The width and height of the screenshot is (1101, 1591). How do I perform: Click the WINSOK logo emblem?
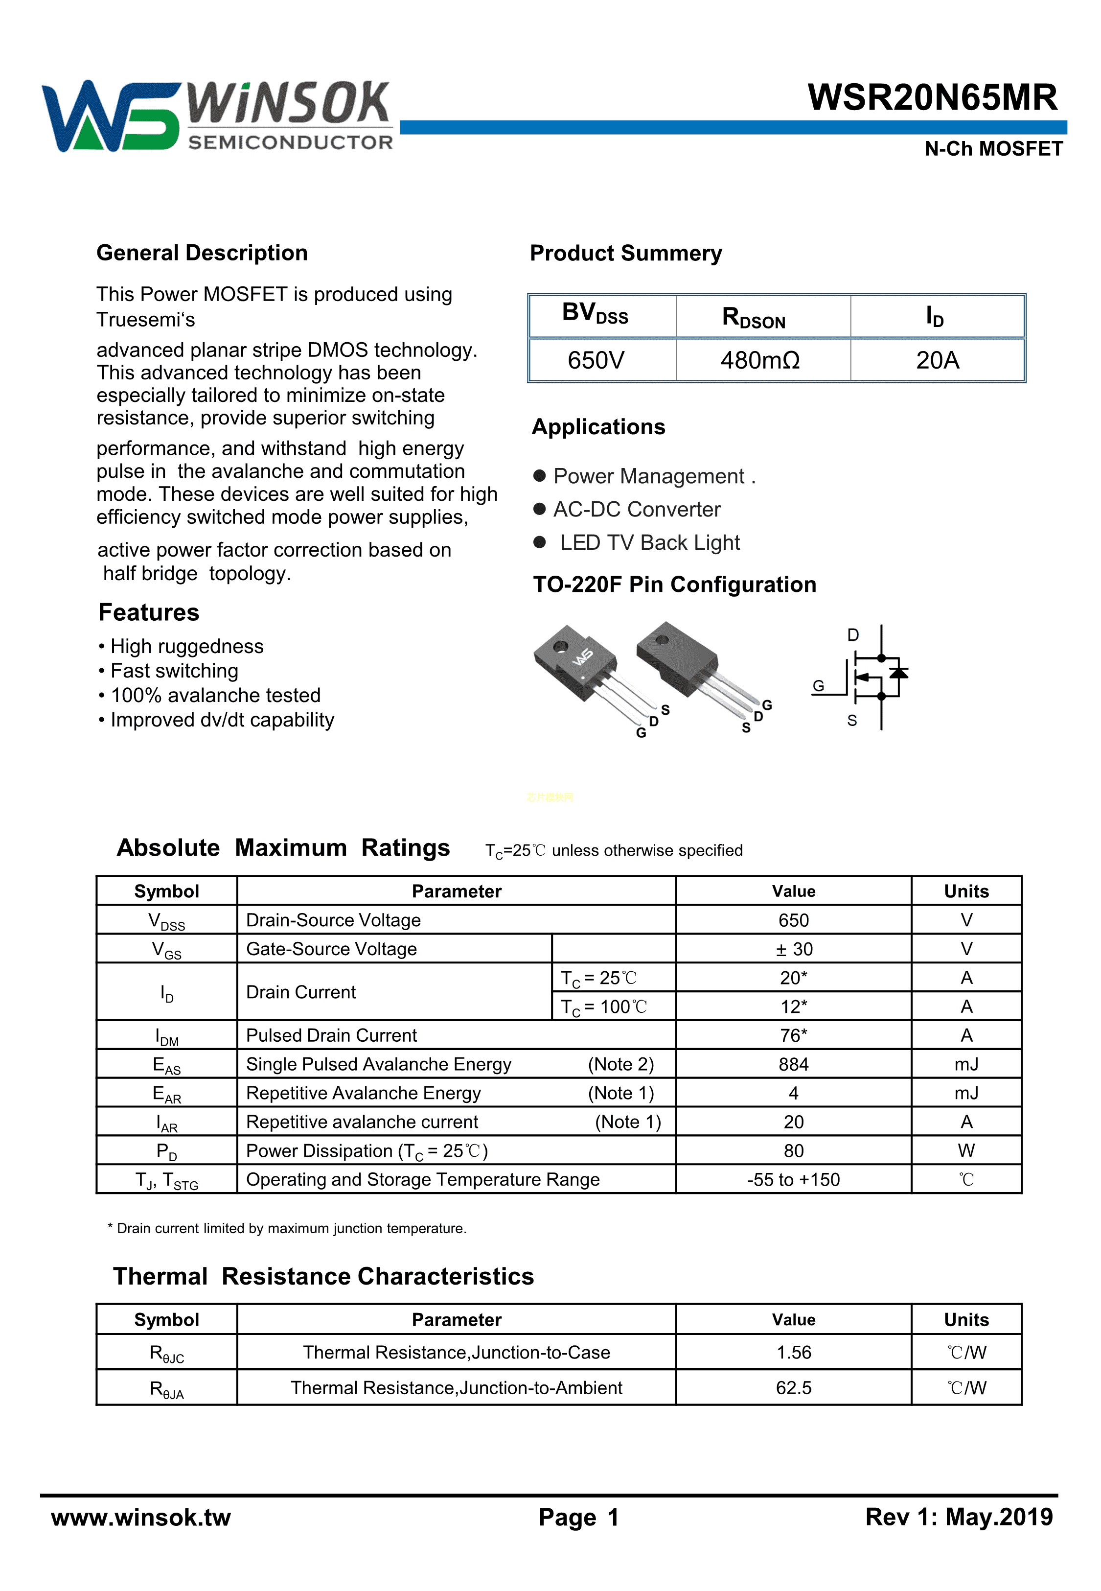pos(111,116)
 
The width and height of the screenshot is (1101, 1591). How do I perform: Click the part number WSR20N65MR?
pos(932,97)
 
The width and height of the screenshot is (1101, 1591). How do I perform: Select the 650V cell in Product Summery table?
pos(596,360)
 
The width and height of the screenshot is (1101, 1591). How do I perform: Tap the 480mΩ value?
pos(760,360)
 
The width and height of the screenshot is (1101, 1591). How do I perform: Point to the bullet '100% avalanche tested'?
pos(215,696)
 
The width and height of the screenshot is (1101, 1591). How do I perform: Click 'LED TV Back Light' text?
pos(649,543)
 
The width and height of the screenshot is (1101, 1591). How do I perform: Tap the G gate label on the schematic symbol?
pos(818,686)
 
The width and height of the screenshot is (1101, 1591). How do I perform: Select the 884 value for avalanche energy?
pos(793,1065)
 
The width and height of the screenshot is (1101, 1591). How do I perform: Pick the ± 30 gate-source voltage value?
pos(793,949)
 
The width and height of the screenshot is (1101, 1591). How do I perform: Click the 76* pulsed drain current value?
pos(793,1035)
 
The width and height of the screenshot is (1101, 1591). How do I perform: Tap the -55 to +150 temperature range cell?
pos(793,1180)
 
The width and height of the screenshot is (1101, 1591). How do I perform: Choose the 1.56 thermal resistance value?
pos(793,1352)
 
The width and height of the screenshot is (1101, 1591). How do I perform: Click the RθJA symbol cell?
pos(167,1389)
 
